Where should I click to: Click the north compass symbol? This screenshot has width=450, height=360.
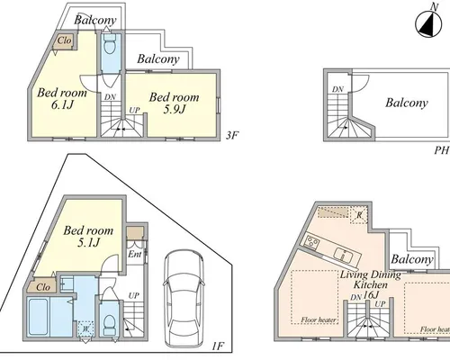click(x=428, y=24)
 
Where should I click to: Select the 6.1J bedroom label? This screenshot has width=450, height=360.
click(x=62, y=98)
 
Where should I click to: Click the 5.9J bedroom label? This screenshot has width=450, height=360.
click(x=174, y=103)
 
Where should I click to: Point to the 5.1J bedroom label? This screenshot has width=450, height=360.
click(x=88, y=237)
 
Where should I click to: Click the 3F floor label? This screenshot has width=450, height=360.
click(x=232, y=136)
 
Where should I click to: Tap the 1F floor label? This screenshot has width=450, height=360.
click(x=218, y=346)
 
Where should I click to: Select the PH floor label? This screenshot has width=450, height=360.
click(x=442, y=150)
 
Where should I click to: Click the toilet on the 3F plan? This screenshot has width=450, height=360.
click(x=110, y=44)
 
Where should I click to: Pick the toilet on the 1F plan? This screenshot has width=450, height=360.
click(x=109, y=325)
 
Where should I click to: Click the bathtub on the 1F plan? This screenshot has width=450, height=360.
click(x=38, y=317)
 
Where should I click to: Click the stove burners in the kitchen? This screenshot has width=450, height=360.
click(x=312, y=241)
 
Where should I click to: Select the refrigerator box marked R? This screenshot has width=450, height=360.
click(x=359, y=214)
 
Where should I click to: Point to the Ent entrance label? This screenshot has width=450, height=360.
click(x=135, y=255)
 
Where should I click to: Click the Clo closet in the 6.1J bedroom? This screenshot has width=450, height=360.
click(x=64, y=40)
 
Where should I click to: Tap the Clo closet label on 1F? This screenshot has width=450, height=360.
click(x=43, y=287)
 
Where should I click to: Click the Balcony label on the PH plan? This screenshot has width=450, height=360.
click(x=407, y=103)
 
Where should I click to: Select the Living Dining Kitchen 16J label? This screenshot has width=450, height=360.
click(x=371, y=284)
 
